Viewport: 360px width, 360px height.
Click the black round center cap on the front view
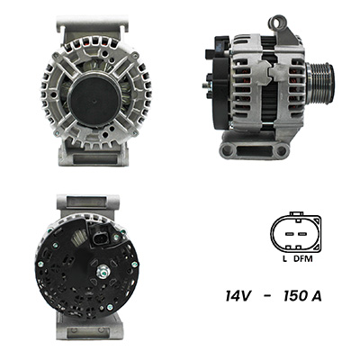[x=94, y=100]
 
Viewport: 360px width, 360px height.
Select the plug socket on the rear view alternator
[x=101, y=238]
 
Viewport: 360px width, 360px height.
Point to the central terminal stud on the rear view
[x=103, y=272]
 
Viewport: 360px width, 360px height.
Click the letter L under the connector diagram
[x=284, y=258]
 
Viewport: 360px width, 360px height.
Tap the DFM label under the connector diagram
[x=303, y=258]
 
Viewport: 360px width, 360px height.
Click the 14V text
[x=238, y=296]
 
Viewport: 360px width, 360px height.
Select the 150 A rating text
[x=302, y=296]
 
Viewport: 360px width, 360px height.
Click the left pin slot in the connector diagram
[x=290, y=234]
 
